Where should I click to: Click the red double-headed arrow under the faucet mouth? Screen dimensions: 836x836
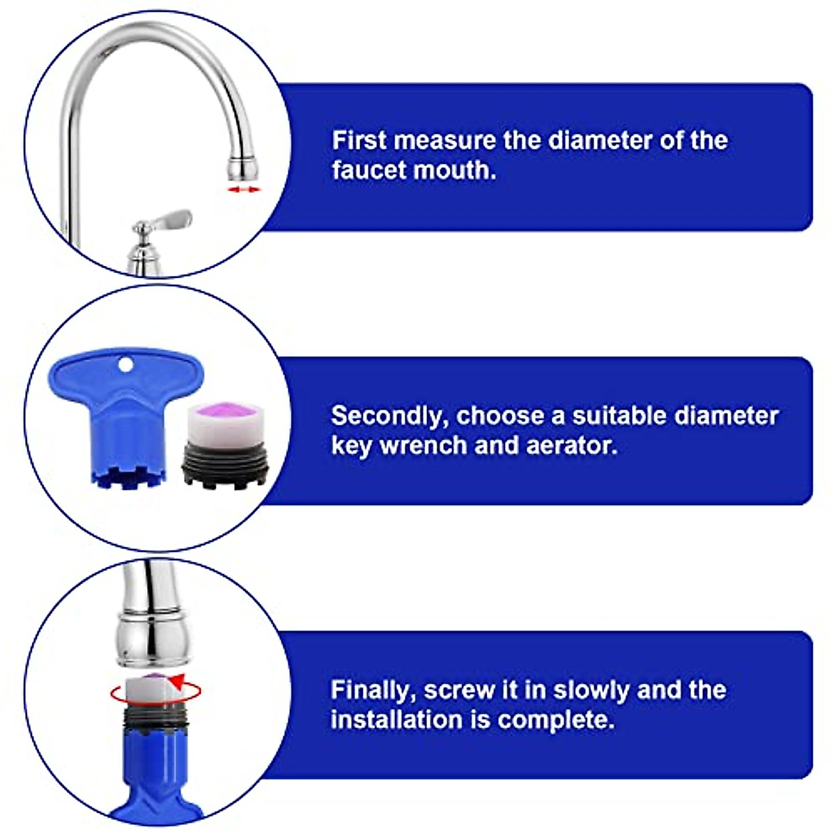[245, 189]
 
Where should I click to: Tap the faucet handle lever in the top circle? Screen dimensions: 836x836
[167, 222]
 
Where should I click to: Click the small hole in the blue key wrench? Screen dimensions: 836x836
[125, 364]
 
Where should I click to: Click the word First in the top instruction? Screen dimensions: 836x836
[358, 140]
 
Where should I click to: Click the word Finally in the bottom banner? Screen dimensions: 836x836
[373, 690]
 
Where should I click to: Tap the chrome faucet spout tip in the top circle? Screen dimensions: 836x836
[244, 167]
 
